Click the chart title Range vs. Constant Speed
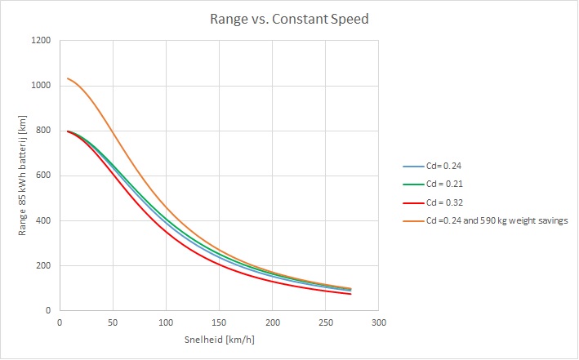click(x=289, y=17)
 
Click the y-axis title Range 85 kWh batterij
click(x=24, y=176)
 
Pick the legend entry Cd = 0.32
click(x=443, y=202)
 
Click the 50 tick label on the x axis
click(x=113, y=322)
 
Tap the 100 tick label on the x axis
click(x=166, y=322)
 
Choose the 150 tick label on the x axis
click(x=219, y=322)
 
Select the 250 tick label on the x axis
click(x=325, y=322)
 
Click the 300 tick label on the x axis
click(x=378, y=322)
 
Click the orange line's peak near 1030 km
click(x=68, y=78)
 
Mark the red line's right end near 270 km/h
click(x=350, y=294)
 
